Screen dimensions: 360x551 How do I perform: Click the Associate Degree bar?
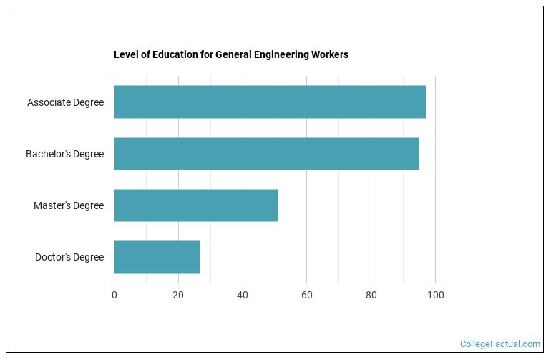270,102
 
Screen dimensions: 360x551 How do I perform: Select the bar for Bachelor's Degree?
266,153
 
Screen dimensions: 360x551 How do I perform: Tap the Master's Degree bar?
195,205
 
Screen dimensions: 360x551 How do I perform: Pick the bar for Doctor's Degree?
157,257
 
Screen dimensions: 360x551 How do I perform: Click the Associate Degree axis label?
65,102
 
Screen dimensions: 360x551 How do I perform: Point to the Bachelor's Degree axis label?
64,154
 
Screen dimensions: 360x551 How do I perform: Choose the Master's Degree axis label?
69,205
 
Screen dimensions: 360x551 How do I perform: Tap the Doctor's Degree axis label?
69,257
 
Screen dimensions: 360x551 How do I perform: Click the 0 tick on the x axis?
114,295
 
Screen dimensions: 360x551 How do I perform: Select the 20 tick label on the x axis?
178,295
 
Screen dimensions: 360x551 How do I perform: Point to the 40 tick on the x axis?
243,295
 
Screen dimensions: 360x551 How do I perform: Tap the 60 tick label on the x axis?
307,295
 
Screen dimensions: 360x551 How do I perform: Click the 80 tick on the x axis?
371,295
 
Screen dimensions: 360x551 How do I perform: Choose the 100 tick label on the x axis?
435,295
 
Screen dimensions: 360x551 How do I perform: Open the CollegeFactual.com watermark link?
500,344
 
